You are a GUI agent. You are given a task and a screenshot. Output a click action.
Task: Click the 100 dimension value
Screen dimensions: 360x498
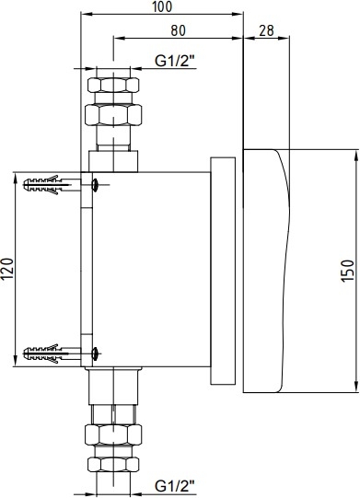pos(162,6)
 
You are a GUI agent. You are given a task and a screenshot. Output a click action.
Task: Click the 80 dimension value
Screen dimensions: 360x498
pos(178,30)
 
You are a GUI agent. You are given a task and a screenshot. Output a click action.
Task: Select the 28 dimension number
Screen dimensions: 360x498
pos(266,30)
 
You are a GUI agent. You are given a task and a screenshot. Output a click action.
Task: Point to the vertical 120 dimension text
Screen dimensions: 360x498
pos(8,270)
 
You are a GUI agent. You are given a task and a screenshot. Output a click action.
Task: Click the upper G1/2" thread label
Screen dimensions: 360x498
pos(174,61)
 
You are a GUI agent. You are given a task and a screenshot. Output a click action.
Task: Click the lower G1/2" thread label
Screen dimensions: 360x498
pos(174,486)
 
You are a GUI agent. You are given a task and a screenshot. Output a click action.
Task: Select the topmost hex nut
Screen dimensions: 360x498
pos(113,85)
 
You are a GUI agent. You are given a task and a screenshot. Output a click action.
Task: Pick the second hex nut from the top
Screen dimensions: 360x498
pos(113,115)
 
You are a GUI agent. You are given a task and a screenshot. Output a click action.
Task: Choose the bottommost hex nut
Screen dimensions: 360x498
pos(113,464)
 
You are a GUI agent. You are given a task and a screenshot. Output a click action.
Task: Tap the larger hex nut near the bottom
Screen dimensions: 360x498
pos(113,434)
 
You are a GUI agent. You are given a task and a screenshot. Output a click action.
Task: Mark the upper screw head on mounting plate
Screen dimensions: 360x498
pos(95,184)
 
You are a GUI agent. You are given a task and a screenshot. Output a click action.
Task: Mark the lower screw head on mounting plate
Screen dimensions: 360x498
pos(95,353)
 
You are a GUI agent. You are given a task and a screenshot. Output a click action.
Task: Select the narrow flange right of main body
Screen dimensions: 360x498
pos(223,271)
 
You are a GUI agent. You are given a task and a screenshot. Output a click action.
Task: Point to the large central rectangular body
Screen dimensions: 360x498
pos(151,270)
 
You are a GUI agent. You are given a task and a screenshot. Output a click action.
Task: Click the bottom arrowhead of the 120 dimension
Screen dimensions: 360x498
pos(16,361)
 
